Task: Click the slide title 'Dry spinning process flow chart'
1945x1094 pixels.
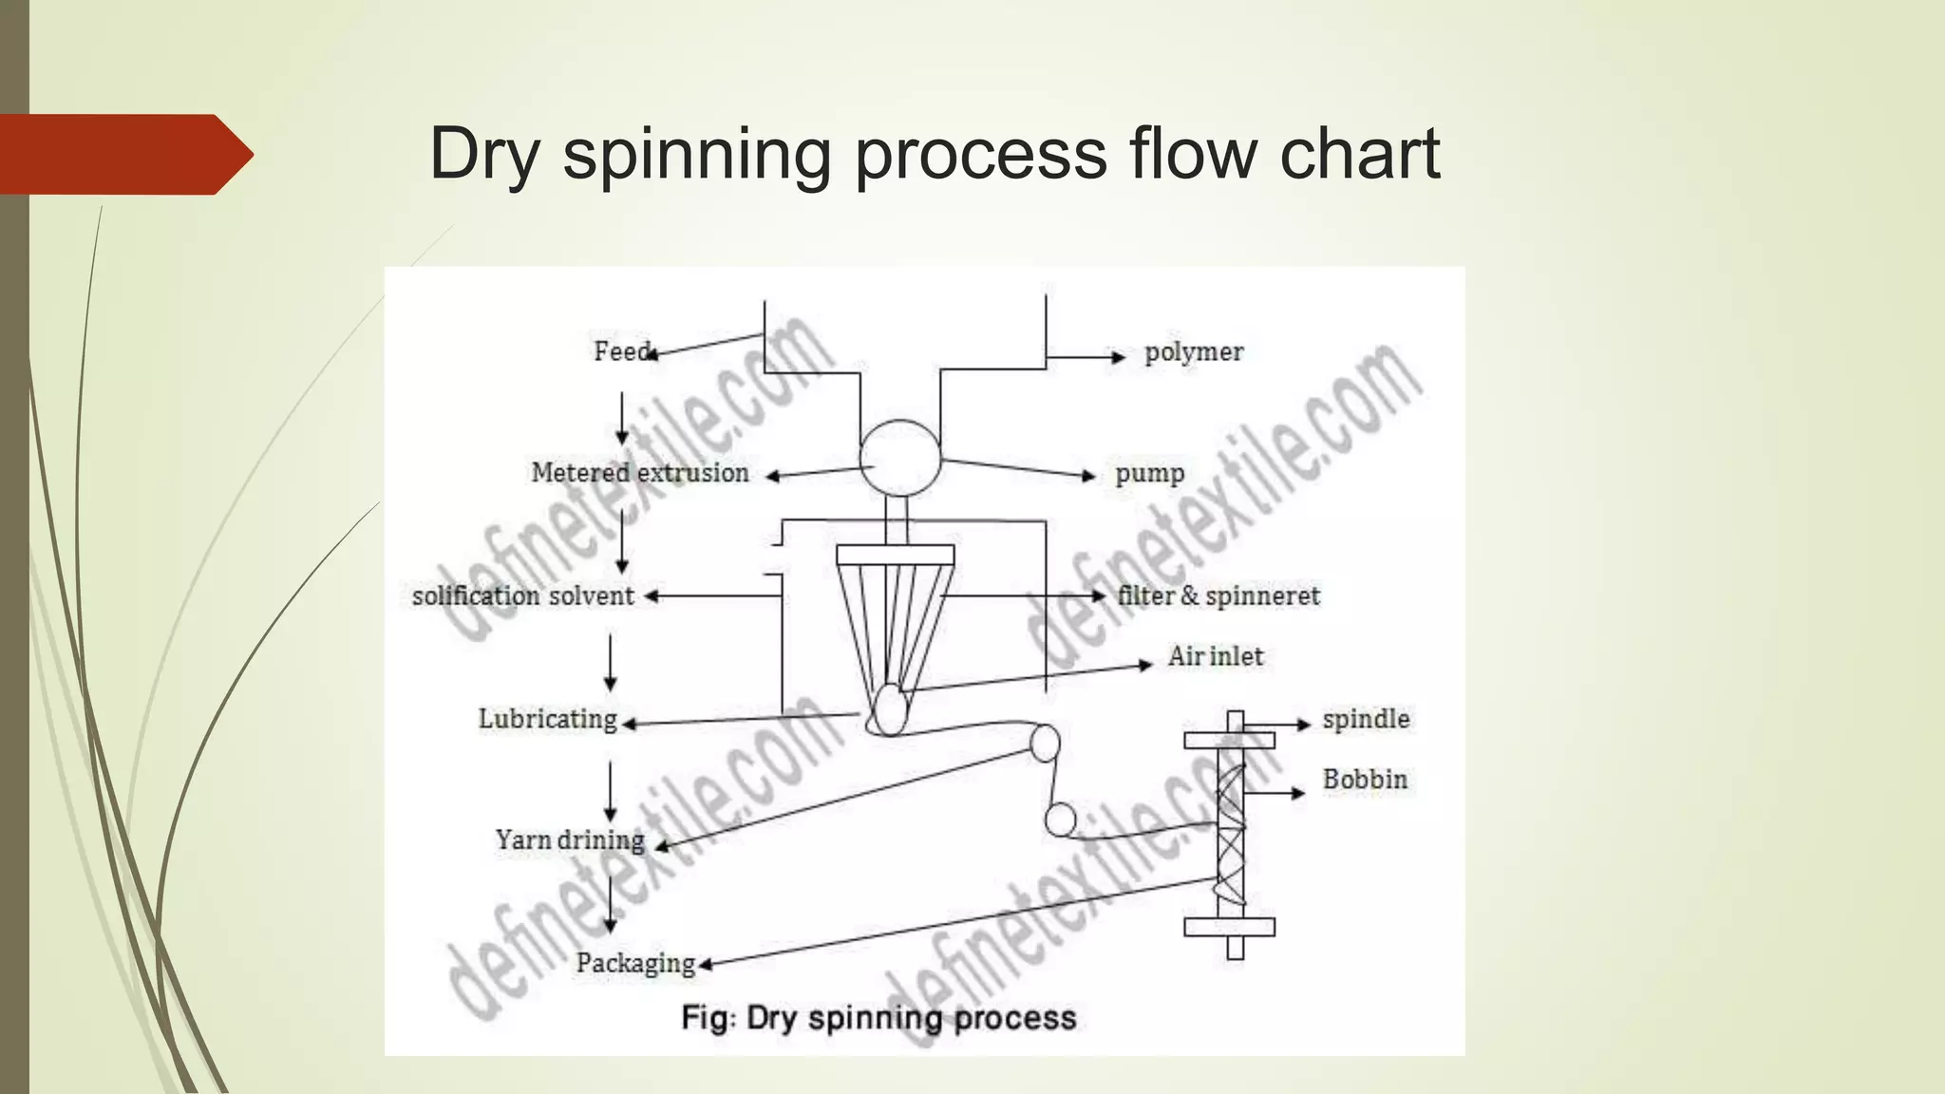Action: (935, 153)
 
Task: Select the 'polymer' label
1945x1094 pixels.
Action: (1193, 352)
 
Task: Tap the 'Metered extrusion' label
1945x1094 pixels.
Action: (639, 473)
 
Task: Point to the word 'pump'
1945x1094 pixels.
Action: (1149, 473)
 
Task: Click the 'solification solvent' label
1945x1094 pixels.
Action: (522, 596)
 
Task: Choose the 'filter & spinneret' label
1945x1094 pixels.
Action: (1218, 596)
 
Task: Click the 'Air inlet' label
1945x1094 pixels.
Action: (1215, 656)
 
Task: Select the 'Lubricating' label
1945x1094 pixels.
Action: (547, 719)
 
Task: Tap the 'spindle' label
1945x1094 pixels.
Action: (1365, 719)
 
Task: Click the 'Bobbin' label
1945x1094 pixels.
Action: (1364, 780)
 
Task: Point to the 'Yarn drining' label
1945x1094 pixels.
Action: (569, 840)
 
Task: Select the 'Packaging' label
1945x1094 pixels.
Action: (635, 963)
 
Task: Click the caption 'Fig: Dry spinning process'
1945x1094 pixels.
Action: (878, 1018)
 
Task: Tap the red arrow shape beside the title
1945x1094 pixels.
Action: (123, 154)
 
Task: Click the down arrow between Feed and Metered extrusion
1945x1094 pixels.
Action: (622, 418)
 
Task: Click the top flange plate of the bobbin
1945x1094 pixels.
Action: (1229, 740)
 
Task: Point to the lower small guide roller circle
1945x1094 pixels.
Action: (1060, 819)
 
